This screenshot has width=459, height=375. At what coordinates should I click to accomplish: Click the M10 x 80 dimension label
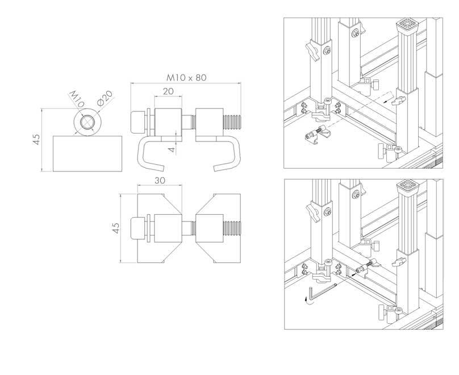pyautogui.click(x=186, y=78)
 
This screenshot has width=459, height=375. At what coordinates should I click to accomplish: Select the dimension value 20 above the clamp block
pyautogui.click(x=168, y=91)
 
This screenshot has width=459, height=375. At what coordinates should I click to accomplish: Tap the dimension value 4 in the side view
pyautogui.click(x=172, y=149)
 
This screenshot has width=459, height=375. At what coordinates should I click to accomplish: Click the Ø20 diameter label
pyautogui.click(x=105, y=98)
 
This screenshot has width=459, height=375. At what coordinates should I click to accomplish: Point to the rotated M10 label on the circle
pyautogui.click(x=77, y=99)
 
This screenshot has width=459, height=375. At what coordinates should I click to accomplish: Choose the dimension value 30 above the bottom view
pyautogui.click(x=160, y=181)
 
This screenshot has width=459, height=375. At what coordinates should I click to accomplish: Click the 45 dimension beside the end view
pyautogui.click(x=36, y=139)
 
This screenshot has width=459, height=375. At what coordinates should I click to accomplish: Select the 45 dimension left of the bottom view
pyautogui.click(x=116, y=228)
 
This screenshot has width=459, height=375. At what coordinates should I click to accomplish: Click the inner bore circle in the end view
pyautogui.click(x=87, y=122)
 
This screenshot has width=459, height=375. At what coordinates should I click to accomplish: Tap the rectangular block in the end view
pyautogui.click(x=87, y=153)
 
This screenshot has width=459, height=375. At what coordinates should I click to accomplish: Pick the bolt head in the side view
pyautogui.click(x=137, y=122)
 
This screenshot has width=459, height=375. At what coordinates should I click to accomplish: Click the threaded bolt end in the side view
pyautogui.click(x=232, y=122)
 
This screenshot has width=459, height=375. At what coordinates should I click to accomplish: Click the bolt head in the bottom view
pyautogui.click(x=137, y=228)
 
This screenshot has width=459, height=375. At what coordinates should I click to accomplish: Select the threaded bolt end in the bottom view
pyautogui.click(x=232, y=228)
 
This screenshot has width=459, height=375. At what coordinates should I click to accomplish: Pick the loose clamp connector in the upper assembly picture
pyautogui.click(x=318, y=134)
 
